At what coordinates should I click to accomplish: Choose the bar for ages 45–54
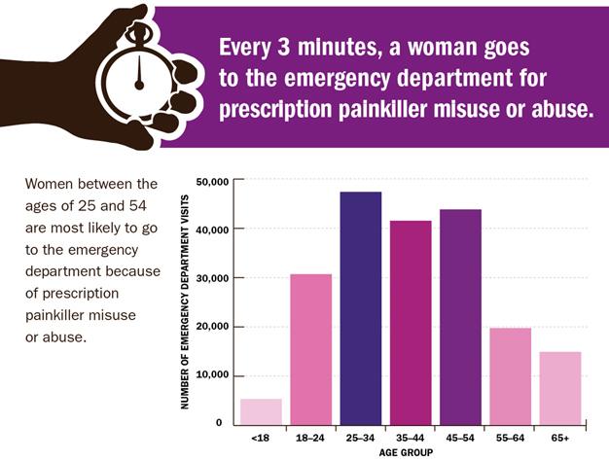(459, 316)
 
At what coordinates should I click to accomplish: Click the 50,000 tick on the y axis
(211, 182)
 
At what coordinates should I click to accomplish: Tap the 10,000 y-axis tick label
(211, 374)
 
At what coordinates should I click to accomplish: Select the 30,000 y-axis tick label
(211, 278)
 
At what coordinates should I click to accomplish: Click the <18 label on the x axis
(261, 439)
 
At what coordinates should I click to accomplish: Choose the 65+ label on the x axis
(559, 439)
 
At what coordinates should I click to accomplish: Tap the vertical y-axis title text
(185, 301)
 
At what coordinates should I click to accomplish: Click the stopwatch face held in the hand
(139, 76)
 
